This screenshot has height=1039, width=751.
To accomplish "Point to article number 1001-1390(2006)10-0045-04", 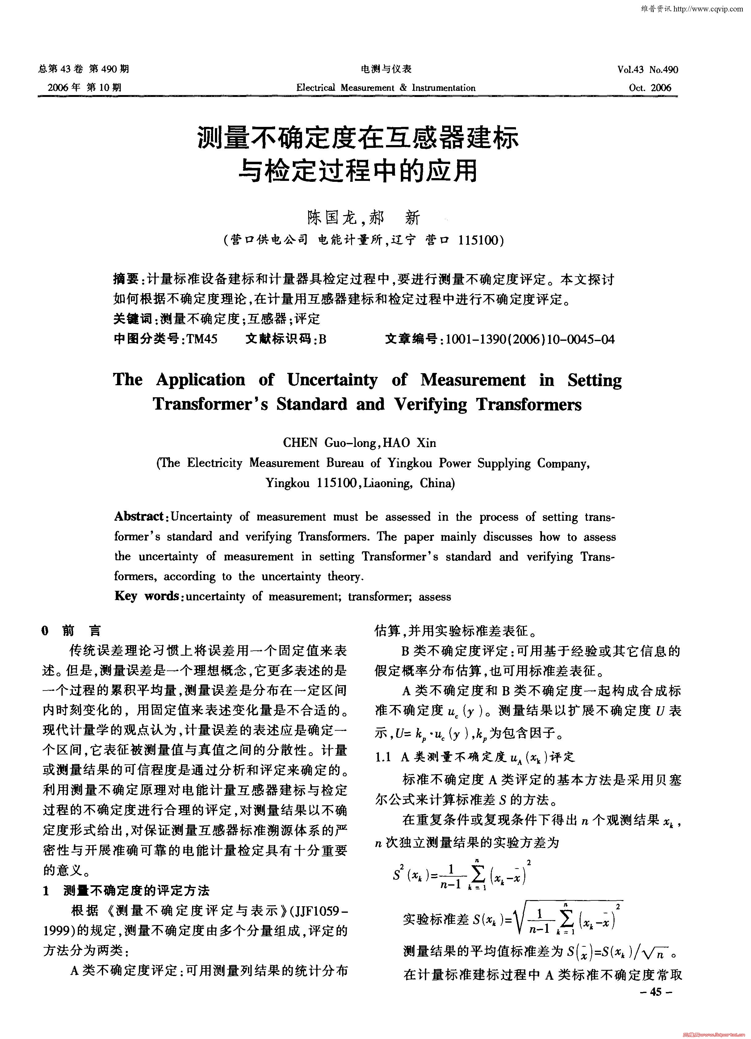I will point(530,339).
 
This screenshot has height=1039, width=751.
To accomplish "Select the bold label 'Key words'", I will point(146,596).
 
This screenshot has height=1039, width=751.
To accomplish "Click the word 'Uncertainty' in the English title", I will point(332,380).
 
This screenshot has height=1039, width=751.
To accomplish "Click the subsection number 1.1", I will point(383,757).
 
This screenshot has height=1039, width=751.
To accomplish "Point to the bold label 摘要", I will point(126,279).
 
